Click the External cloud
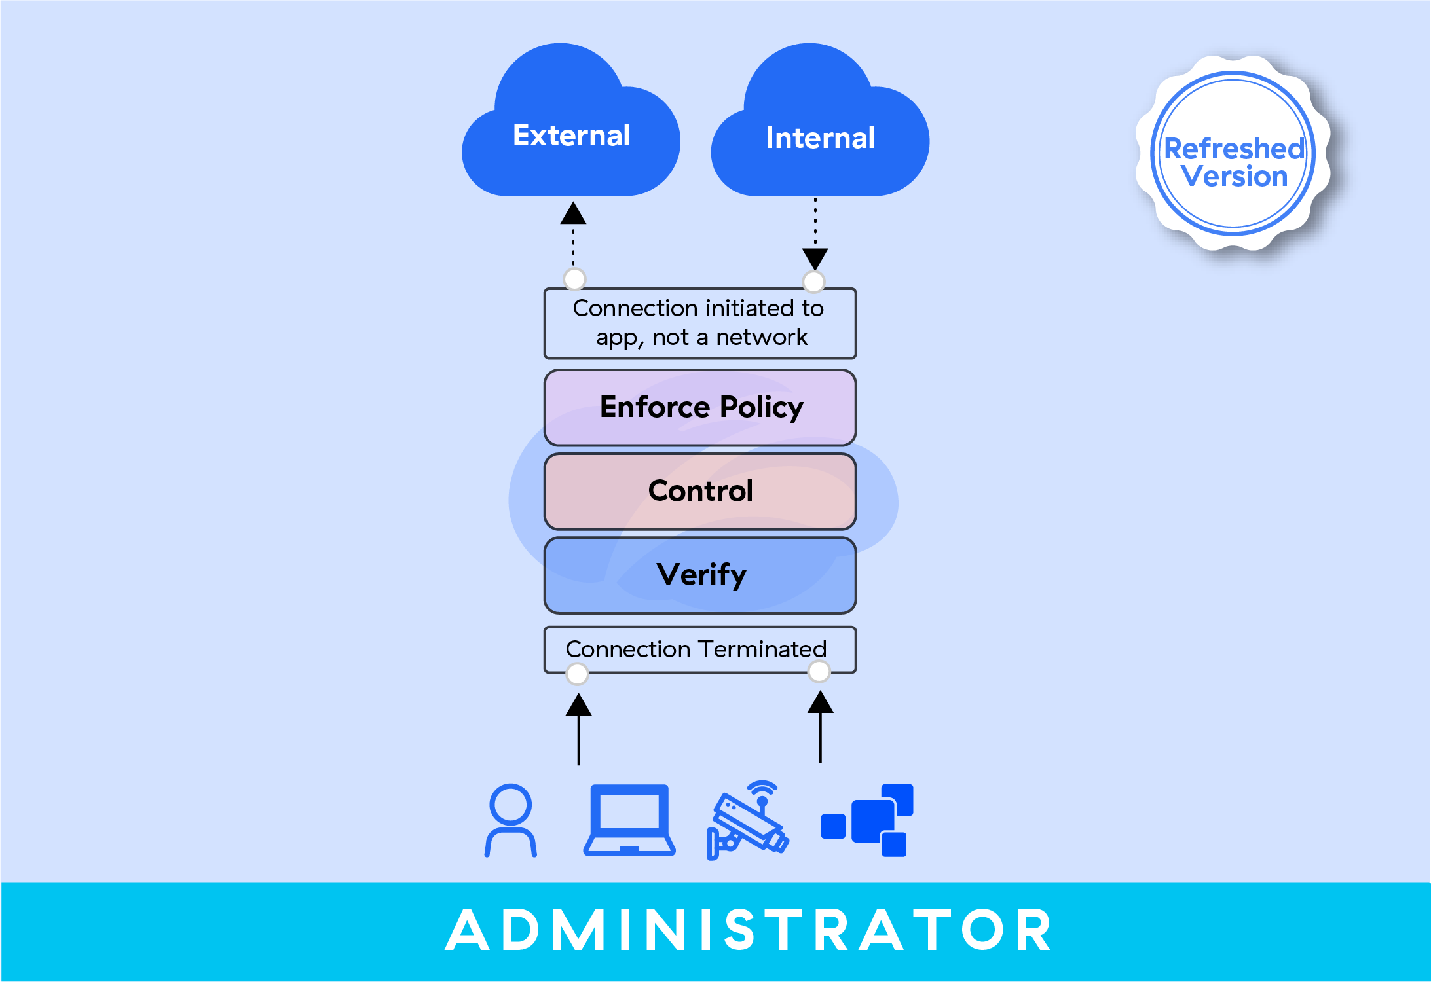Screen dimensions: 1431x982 (571, 131)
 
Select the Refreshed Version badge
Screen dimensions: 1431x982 (1233, 154)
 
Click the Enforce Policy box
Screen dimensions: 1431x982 (700, 407)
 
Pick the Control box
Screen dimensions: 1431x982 (700, 491)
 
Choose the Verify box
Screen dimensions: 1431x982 (700, 575)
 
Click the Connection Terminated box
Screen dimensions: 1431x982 (700, 649)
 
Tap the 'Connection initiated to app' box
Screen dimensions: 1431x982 (700, 323)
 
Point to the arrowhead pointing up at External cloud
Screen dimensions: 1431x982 (573, 213)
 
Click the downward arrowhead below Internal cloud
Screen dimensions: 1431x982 (815, 259)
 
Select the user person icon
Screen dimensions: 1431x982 (511, 820)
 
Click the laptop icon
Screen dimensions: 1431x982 (629, 820)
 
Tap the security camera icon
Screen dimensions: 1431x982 (748, 820)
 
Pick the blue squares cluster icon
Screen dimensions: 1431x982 (867, 820)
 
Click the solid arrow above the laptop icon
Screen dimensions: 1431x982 (578, 729)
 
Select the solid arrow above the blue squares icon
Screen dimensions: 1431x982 (820, 727)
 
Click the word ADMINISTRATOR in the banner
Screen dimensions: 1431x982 (749, 930)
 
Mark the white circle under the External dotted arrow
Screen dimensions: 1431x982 (574, 279)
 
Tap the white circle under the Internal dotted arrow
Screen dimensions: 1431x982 (813, 282)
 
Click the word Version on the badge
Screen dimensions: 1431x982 (1235, 177)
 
